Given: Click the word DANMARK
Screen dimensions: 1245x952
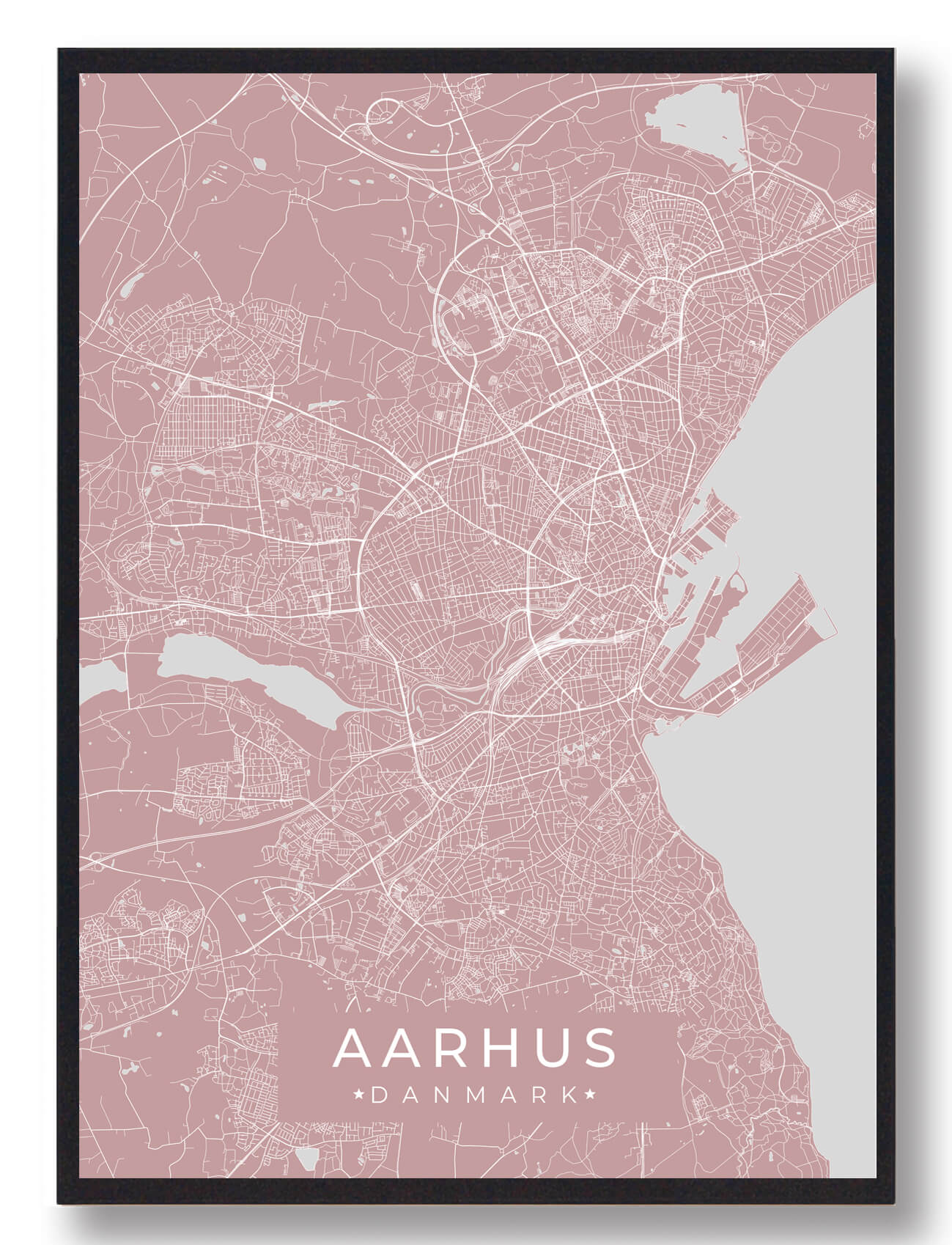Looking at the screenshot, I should (x=474, y=1095).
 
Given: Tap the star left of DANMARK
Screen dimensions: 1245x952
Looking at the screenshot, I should (x=360, y=1095).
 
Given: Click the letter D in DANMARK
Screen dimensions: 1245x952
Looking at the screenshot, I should (x=379, y=1095).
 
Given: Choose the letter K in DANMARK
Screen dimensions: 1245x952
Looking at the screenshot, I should (x=569, y=1095).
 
